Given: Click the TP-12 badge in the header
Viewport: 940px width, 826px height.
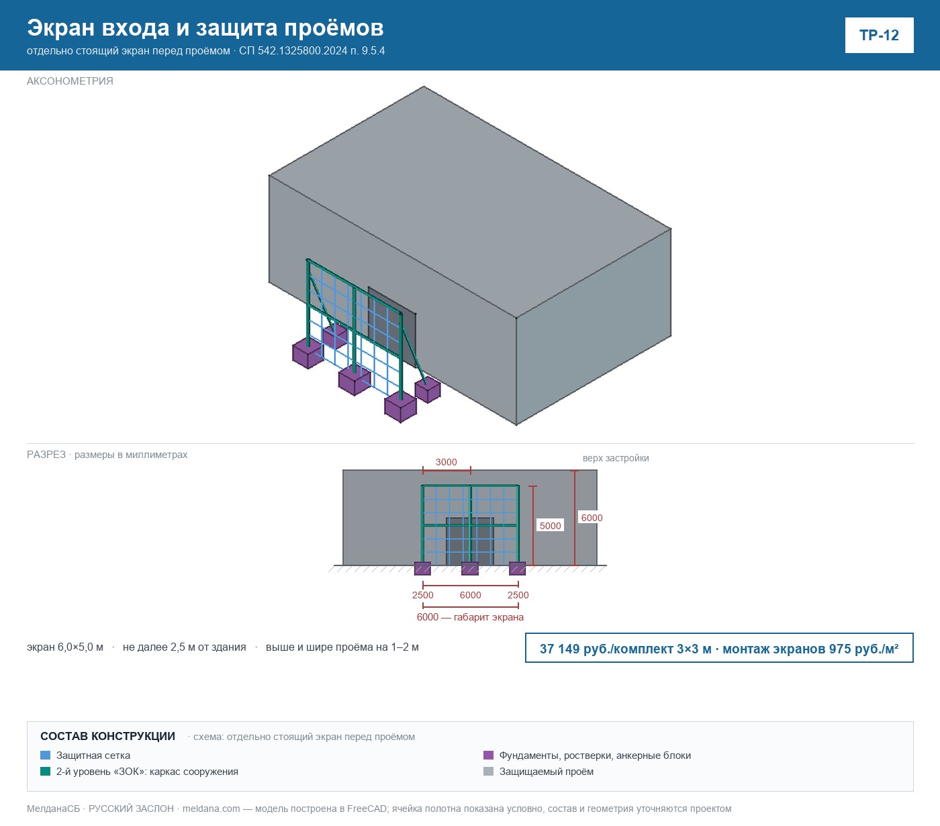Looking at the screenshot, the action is pyautogui.click(x=879, y=36).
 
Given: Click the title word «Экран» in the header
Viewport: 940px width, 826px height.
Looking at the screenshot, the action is pyautogui.click(x=61, y=28).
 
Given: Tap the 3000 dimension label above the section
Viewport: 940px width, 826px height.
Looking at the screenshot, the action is pyautogui.click(x=446, y=462).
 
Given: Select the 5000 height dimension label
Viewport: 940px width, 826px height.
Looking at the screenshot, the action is pyautogui.click(x=551, y=526).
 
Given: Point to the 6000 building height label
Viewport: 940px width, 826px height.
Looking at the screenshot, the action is pyautogui.click(x=592, y=518).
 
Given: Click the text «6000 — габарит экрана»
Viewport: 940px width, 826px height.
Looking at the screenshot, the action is pyautogui.click(x=470, y=617).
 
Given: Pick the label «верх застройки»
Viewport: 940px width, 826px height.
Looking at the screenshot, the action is pyautogui.click(x=616, y=458).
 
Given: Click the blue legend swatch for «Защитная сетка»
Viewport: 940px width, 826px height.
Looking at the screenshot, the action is pyautogui.click(x=46, y=755).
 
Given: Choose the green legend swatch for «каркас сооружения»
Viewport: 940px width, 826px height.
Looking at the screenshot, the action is pyautogui.click(x=46, y=771).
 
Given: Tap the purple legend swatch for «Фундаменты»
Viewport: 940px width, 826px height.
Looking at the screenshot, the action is pyautogui.click(x=488, y=755).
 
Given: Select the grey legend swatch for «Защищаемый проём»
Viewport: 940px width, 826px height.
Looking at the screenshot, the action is pyautogui.click(x=488, y=771).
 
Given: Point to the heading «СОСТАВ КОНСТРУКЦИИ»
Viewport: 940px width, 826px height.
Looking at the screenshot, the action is pyautogui.click(x=107, y=736).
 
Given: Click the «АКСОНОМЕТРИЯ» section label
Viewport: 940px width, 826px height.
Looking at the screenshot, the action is pyautogui.click(x=70, y=81).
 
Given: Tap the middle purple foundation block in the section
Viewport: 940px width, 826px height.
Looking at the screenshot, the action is pyautogui.click(x=470, y=568).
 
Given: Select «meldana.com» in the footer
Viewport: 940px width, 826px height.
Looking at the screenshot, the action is pyautogui.click(x=211, y=809).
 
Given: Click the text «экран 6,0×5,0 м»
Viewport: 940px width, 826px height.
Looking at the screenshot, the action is pyautogui.click(x=65, y=647).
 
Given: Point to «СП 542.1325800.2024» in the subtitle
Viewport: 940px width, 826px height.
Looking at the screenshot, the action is pyautogui.click(x=293, y=50).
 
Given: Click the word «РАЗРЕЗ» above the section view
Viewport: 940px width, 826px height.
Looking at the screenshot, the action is pyautogui.click(x=46, y=454).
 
